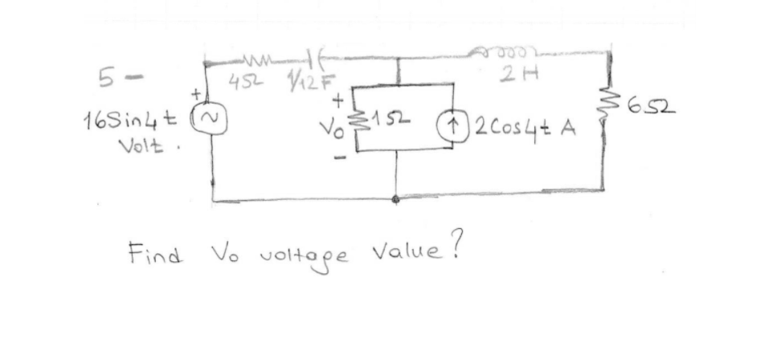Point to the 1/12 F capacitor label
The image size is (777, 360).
click(294, 81)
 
